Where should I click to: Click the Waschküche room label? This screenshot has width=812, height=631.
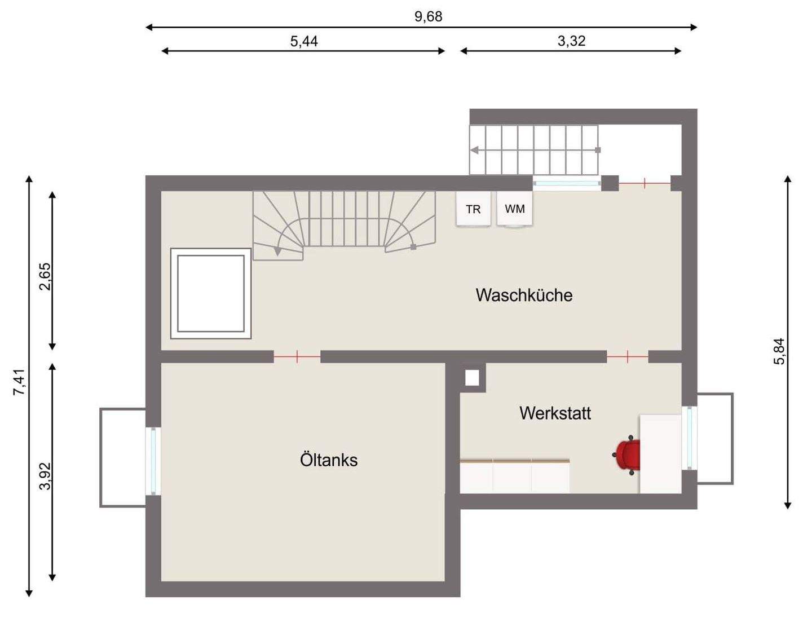pos(524,295)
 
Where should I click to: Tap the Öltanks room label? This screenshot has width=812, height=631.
pos(329,460)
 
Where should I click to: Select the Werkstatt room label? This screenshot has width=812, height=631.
pos(555,413)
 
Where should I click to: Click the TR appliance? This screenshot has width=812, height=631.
pos(473,209)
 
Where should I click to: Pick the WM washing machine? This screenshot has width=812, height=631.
pos(514,209)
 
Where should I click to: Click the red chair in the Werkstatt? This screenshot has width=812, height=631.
pos(628,455)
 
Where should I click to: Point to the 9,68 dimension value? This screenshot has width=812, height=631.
pos(429,16)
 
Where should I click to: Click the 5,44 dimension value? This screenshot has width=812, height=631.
pos(304,41)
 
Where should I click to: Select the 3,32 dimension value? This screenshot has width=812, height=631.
pos(571,41)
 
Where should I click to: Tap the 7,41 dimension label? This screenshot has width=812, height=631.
pos(19,382)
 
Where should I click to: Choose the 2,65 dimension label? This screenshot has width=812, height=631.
pos(45,276)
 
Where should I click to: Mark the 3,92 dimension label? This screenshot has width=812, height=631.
pos(45,476)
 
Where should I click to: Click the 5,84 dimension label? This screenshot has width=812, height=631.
pos(779,351)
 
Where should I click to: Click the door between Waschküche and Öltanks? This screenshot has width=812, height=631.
pos(297,356)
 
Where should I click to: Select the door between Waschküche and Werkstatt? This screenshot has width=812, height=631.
pos(628,356)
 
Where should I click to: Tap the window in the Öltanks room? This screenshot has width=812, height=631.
pos(153,461)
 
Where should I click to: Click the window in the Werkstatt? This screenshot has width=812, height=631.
pos(689,438)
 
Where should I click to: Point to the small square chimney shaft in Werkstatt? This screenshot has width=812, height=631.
pos(472,378)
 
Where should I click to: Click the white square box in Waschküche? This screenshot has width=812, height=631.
pos(211,293)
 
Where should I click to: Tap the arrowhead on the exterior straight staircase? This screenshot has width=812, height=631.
pos(475,150)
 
